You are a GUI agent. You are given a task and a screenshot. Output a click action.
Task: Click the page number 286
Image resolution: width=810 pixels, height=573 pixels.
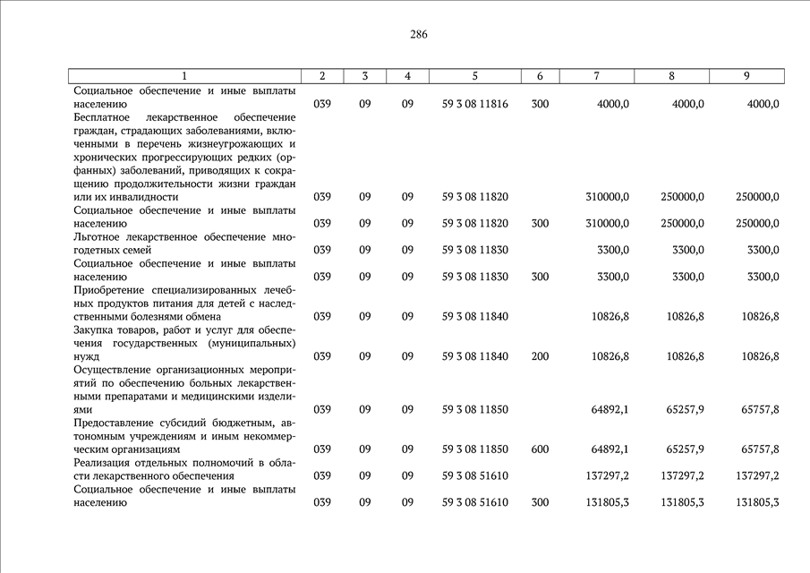(x=419, y=35)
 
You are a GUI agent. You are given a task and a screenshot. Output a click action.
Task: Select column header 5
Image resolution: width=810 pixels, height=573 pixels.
(x=474, y=76)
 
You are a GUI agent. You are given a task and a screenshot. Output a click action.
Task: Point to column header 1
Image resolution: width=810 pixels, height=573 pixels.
(x=184, y=76)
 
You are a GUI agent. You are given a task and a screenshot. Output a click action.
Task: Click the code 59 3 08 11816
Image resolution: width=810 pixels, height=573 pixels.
(x=474, y=104)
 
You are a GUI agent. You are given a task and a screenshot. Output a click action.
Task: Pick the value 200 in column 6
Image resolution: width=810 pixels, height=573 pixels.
(x=540, y=356)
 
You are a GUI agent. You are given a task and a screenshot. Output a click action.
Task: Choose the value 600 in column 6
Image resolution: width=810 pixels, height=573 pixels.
(x=540, y=449)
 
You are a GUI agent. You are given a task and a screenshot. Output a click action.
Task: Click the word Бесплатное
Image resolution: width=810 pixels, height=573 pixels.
(x=103, y=117)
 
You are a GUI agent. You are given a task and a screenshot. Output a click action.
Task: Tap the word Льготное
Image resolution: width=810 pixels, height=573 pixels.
(x=99, y=236)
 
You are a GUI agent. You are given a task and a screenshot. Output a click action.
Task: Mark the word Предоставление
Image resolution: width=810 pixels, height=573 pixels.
(x=115, y=423)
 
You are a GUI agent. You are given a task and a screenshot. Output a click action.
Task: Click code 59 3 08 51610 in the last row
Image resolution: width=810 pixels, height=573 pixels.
(x=474, y=502)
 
